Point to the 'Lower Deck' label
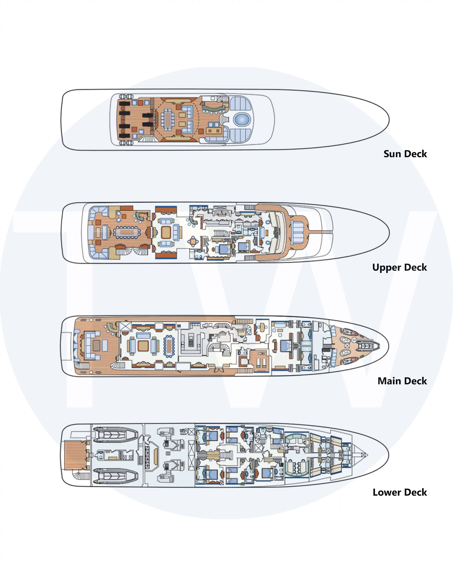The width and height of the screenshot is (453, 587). click(400, 492)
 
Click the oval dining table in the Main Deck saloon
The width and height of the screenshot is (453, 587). click(169, 346)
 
